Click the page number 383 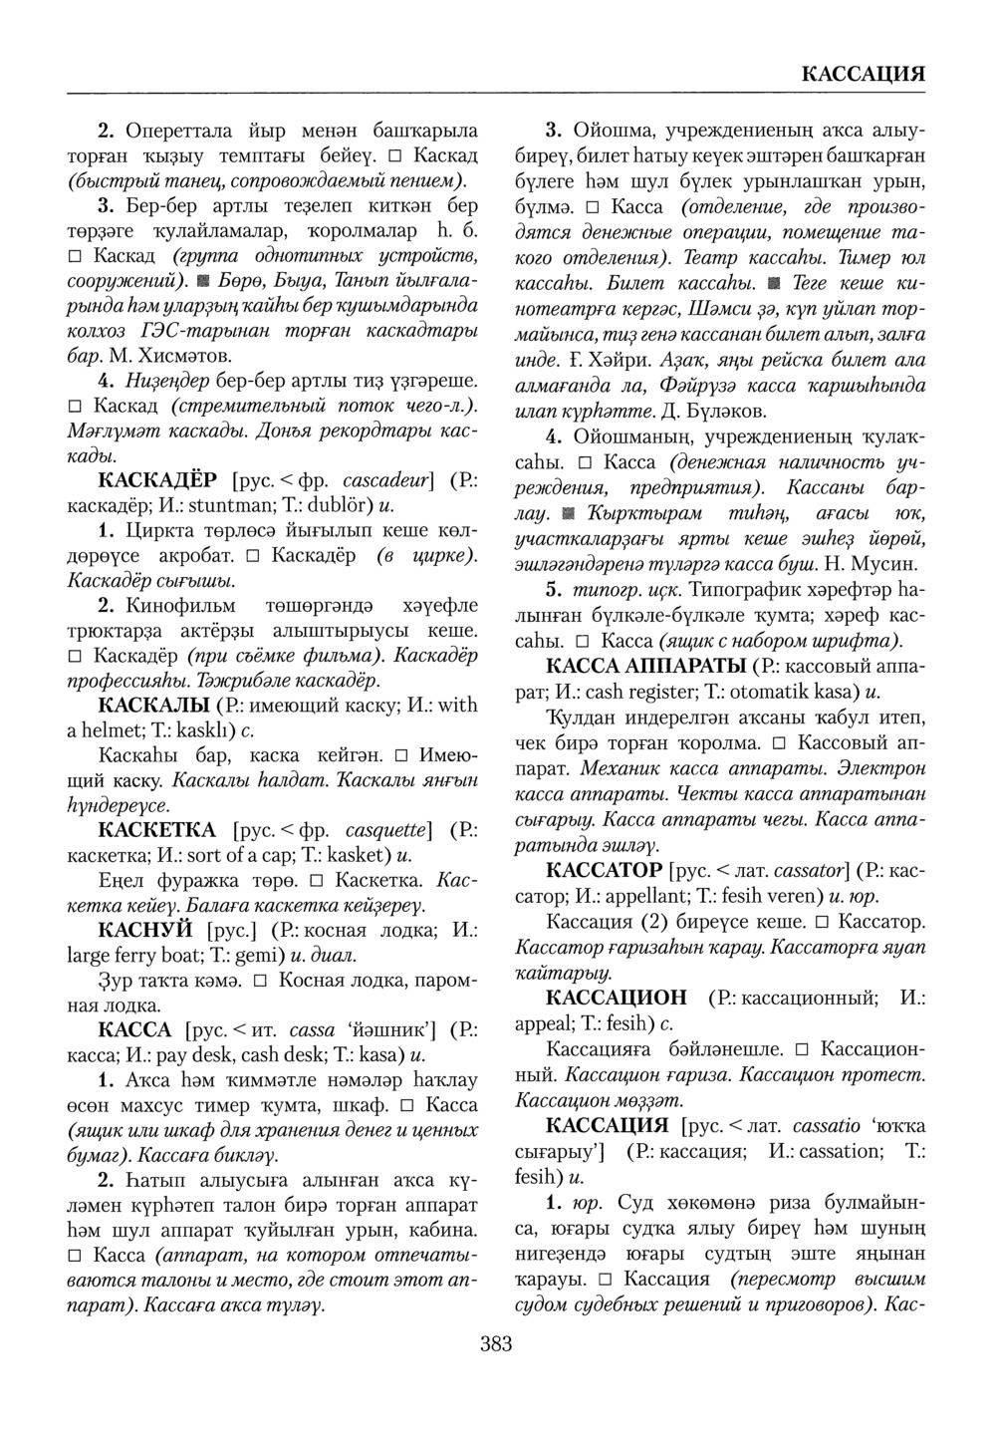click(495, 1344)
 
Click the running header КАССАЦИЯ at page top click(864, 75)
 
